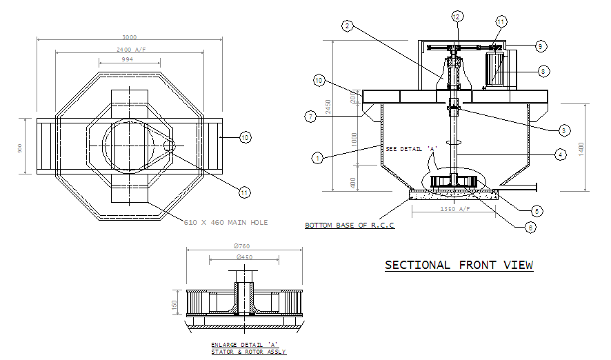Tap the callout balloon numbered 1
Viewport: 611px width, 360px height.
click(x=317, y=158)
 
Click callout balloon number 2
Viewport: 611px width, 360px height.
click(x=348, y=26)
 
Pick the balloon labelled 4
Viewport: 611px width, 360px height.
click(x=312, y=117)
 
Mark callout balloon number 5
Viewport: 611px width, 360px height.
click(x=543, y=70)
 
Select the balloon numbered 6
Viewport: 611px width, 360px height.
click(x=541, y=46)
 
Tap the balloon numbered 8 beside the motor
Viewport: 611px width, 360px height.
click(x=543, y=70)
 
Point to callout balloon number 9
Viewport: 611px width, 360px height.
click(x=541, y=46)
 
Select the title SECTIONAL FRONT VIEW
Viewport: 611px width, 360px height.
click(x=459, y=265)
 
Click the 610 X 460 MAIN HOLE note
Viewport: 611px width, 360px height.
click(x=226, y=223)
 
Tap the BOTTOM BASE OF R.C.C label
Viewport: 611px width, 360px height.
click(x=350, y=226)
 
